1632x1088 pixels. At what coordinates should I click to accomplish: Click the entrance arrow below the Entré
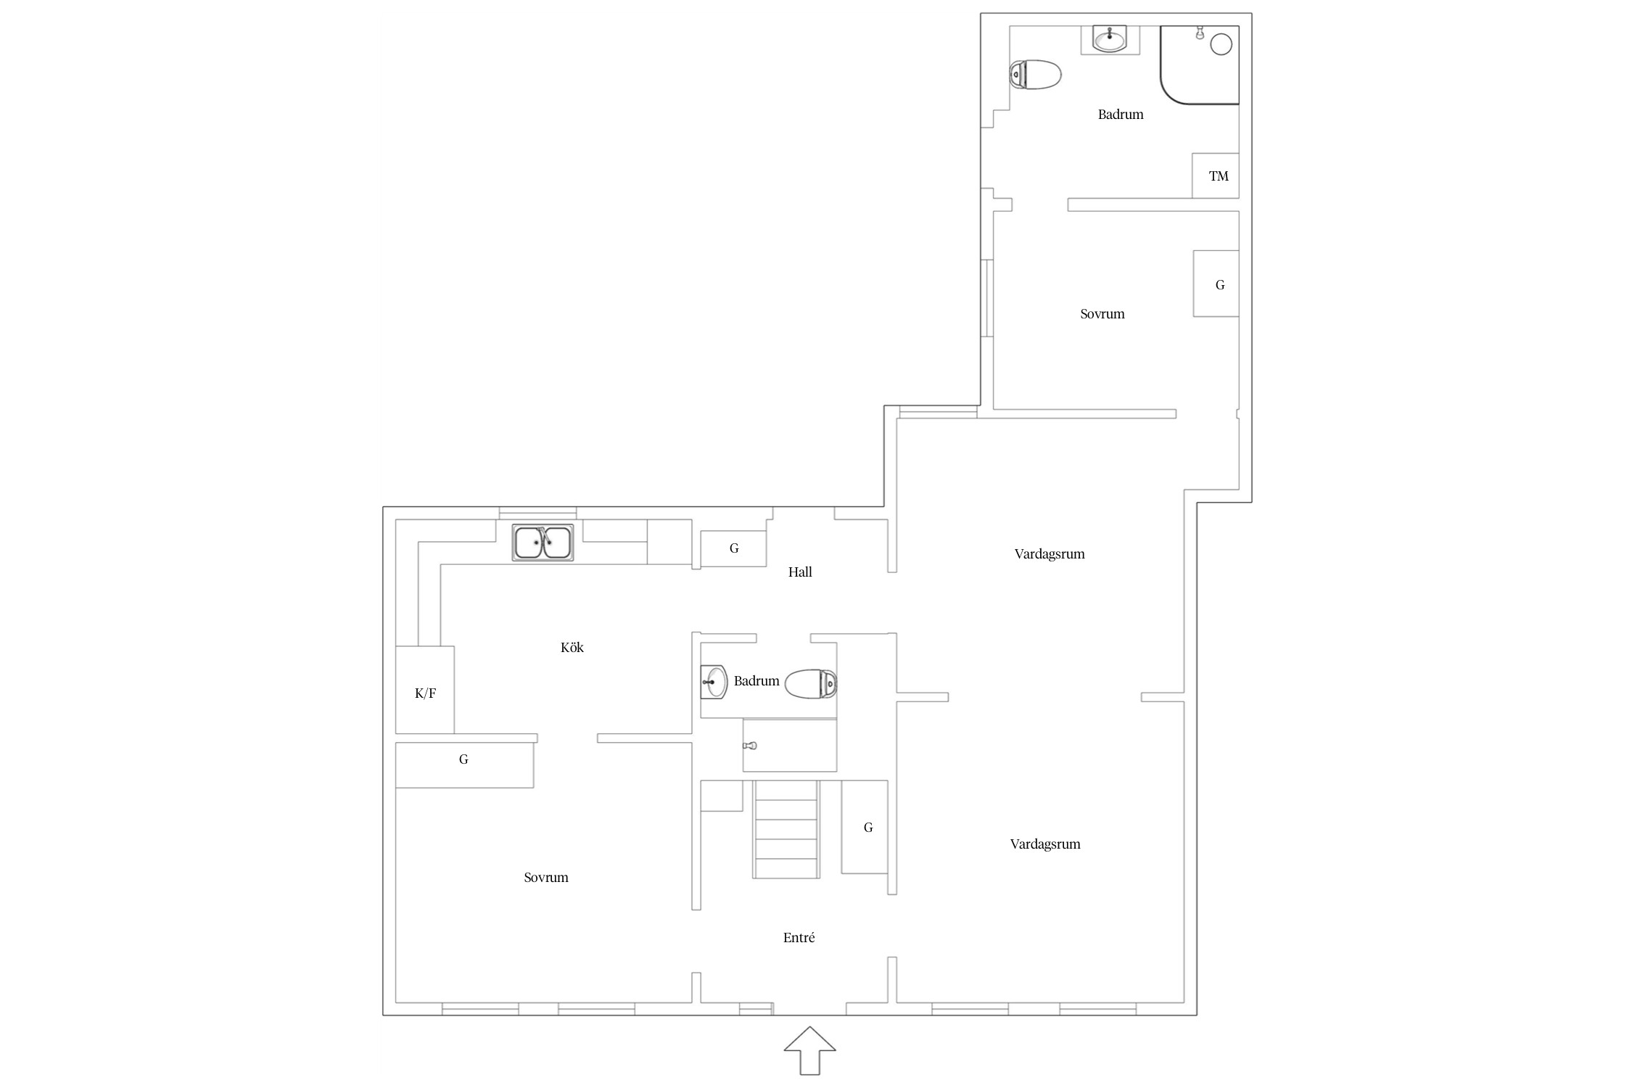(809, 1050)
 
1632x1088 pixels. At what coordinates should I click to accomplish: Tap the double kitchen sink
(543, 543)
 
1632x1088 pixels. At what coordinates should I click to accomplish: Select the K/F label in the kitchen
(425, 693)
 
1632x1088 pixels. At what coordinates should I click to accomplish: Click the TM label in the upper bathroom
(1219, 176)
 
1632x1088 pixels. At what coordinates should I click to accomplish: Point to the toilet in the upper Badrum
(1036, 75)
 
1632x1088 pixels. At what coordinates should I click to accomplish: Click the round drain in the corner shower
(1221, 44)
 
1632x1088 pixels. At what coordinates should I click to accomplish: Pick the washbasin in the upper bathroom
(1110, 39)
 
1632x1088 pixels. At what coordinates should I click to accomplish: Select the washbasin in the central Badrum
(714, 682)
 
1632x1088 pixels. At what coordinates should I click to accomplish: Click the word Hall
(800, 572)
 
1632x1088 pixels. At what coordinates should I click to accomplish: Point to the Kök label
(572, 648)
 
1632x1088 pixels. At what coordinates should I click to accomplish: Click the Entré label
(799, 938)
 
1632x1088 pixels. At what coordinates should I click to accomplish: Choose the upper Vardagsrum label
(1050, 554)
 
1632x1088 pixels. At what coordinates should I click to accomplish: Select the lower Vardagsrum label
(1045, 844)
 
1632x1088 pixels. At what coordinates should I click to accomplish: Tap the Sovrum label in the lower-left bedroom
(546, 878)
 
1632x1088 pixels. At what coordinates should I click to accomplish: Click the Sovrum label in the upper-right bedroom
(1103, 314)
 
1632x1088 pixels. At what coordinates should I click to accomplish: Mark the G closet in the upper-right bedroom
(1216, 284)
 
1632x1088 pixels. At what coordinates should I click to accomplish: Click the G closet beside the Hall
(733, 548)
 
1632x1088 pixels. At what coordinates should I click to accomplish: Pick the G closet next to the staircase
(865, 827)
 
